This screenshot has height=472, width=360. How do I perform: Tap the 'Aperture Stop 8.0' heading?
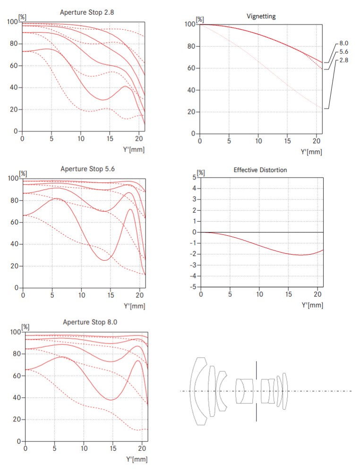click(90, 322)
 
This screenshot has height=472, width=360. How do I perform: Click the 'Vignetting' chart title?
click(261, 16)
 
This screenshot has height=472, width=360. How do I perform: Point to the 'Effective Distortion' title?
click(260, 170)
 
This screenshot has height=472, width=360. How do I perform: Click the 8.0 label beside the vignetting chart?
click(344, 43)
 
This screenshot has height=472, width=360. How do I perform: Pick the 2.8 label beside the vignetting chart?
click(344, 60)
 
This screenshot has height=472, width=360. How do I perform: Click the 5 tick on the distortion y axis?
click(195, 177)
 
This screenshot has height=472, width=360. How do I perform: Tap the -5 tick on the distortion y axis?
click(193, 287)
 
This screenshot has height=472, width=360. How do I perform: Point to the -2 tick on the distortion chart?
click(193, 254)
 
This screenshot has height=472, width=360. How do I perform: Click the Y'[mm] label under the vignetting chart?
click(312, 152)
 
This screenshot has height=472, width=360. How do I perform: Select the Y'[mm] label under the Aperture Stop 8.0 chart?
click(136, 459)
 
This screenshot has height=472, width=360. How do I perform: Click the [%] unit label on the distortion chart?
click(200, 172)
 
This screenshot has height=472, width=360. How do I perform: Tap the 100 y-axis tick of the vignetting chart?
click(190, 24)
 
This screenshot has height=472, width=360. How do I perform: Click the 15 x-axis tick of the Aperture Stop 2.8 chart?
click(110, 138)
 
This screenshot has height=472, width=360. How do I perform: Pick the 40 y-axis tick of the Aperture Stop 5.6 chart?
click(16, 244)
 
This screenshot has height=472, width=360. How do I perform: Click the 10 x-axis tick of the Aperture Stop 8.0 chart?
click(84, 448)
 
